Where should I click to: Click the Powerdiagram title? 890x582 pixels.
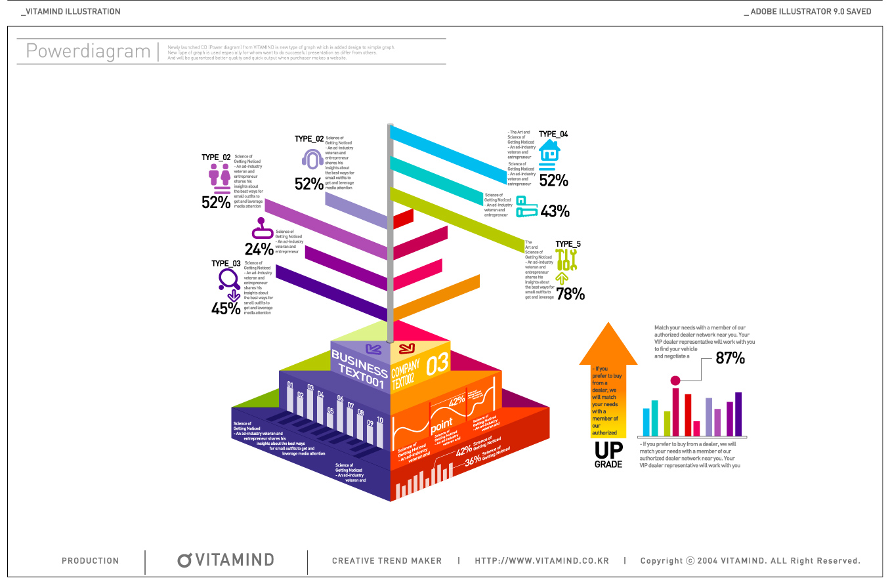click(88, 51)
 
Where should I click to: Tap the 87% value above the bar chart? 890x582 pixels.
click(730, 358)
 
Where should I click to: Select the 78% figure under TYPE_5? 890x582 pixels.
click(570, 294)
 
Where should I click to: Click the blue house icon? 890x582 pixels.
click(549, 151)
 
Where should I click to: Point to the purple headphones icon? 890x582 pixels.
click(312, 159)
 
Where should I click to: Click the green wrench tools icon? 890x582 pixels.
click(566, 260)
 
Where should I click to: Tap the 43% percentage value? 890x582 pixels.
click(555, 211)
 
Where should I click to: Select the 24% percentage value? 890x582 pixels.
click(259, 249)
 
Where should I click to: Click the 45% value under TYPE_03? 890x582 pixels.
click(226, 308)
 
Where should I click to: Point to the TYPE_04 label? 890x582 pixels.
click(553, 135)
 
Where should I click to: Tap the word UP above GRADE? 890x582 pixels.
click(608, 450)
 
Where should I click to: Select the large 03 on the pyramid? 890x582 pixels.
click(438, 365)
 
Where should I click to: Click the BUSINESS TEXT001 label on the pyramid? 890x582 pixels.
click(359, 369)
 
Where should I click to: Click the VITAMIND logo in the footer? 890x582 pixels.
click(226, 560)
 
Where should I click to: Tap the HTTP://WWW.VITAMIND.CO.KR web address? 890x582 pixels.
click(541, 561)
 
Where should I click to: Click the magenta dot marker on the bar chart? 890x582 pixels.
click(675, 381)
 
